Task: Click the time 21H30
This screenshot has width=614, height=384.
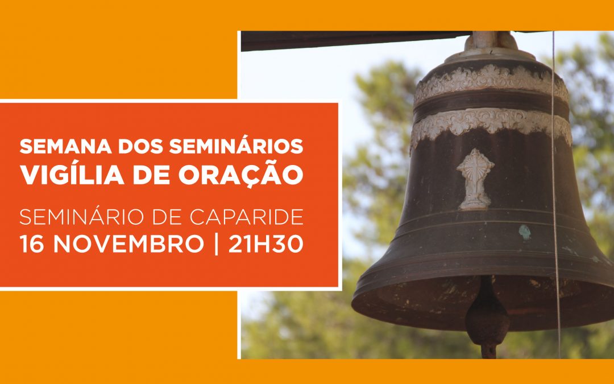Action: (x=265, y=244)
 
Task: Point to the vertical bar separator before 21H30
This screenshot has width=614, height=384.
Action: (x=215, y=244)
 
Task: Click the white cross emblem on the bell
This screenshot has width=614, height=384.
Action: (x=475, y=177)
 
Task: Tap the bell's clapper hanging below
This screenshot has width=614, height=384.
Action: (x=487, y=319)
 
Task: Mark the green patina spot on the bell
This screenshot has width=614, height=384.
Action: (x=525, y=231)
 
